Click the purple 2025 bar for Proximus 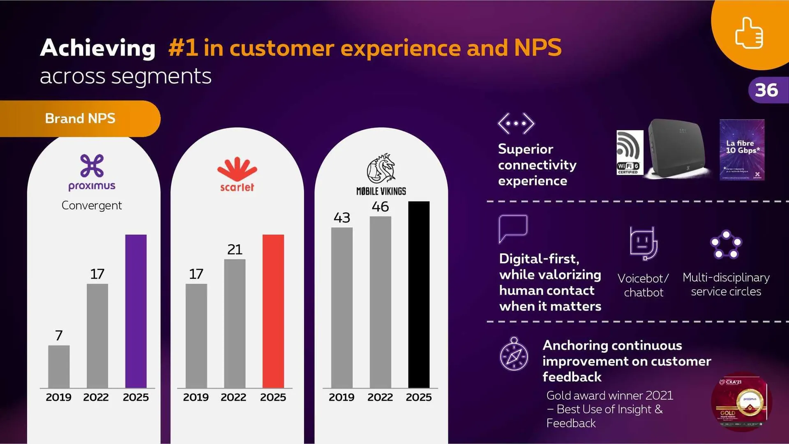[136, 311]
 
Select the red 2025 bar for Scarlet [273, 311]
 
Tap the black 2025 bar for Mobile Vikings [418, 294]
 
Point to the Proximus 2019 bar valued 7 [59, 366]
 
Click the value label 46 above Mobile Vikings [380, 207]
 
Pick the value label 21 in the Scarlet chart [235, 250]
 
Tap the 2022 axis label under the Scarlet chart [233, 398]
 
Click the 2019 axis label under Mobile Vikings [341, 398]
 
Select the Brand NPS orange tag [80, 119]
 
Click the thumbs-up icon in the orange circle [749, 33]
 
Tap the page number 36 [766, 90]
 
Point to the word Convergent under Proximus [92, 206]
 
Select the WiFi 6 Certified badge [630, 153]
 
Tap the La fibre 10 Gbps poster [742, 150]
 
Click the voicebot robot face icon [643, 243]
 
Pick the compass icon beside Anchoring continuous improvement [514, 355]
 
